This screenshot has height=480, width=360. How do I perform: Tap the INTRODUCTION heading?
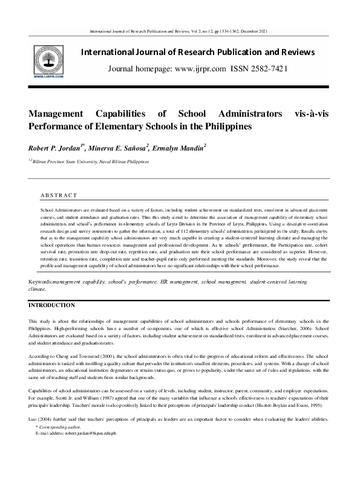point(52,305)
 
